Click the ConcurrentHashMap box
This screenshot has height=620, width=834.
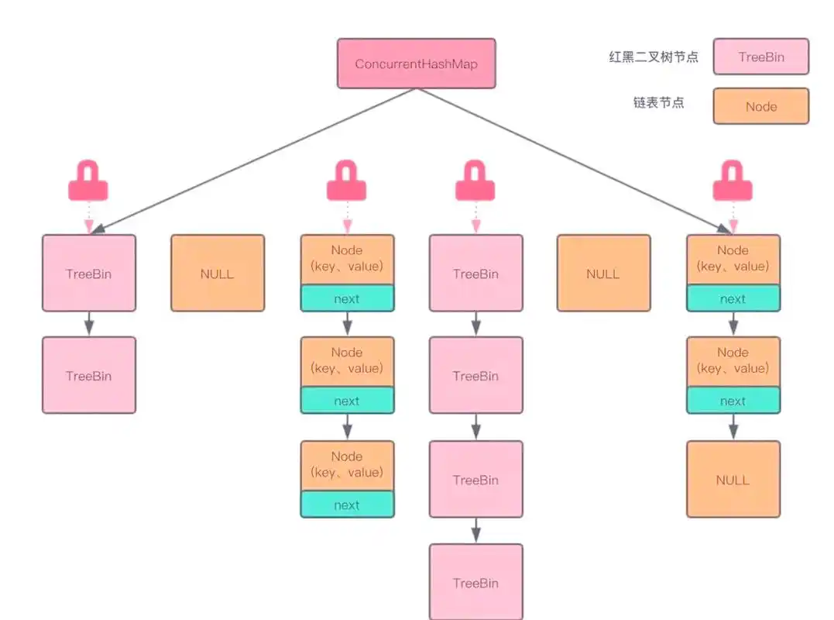pos(416,64)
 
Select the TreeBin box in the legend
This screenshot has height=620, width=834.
pos(760,57)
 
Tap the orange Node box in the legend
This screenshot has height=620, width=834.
pos(760,106)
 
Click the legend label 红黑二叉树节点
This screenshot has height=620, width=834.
pos(653,57)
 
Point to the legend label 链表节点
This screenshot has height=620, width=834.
pos(658,102)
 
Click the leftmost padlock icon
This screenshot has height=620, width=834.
pos(88,182)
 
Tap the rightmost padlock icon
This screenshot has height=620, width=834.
pos(733,182)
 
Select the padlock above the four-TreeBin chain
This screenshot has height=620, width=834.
pos(475,182)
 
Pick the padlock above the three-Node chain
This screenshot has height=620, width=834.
pos(346,182)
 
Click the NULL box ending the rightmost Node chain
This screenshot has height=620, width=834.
pos(733,479)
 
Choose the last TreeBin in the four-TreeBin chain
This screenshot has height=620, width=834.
pos(475,582)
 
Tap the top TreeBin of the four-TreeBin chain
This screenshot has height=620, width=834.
pos(475,273)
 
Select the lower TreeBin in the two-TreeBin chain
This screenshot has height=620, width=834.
pos(88,375)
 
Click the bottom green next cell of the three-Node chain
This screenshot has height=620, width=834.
pos(346,505)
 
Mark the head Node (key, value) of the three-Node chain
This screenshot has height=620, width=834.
pos(346,259)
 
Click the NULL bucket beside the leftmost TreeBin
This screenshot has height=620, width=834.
pos(217,273)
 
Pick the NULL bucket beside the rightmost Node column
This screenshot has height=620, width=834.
pos(603,273)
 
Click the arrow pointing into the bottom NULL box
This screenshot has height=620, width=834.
pos(733,427)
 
